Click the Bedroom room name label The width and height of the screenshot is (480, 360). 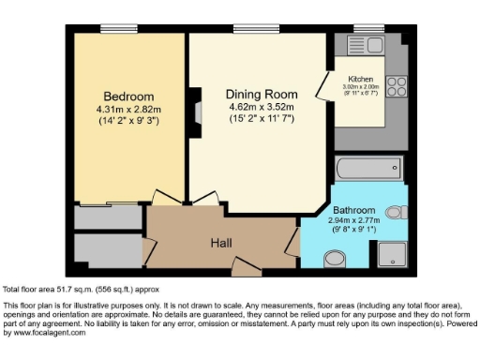point(127,97)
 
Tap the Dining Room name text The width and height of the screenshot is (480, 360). point(262,95)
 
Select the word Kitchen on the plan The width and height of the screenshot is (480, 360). point(361,79)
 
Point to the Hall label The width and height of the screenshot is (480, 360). point(221,243)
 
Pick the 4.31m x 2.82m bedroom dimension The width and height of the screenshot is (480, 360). point(128,109)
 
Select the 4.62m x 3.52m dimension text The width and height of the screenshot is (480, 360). point(262,107)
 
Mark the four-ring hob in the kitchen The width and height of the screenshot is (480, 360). point(396,87)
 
